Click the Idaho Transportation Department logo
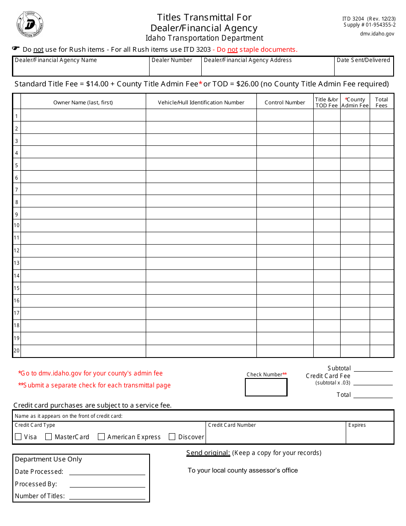pyautogui.click(x=30, y=24)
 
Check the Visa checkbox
pyautogui.click(x=18, y=437)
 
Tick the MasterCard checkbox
pyautogui.click(x=49, y=437)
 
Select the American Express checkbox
pyautogui.click(x=101, y=437)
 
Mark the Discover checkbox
pyautogui.click(x=172, y=437)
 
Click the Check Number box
pyautogui.click(x=266, y=387)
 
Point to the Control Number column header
pyautogui.click(x=285, y=102)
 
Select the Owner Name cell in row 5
pyautogui.click(x=83, y=165)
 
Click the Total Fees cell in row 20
pyautogui.click(x=382, y=351)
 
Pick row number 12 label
pyautogui.click(x=17, y=251)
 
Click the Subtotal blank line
pyautogui.click(x=373, y=368)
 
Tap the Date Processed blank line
pyautogui.click(x=107, y=471)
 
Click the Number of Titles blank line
pyautogui.click(x=107, y=496)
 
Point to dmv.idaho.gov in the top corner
pyautogui.click(x=377, y=33)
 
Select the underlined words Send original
pyautogui.click(x=208, y=453)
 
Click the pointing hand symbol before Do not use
pyautogui.click(x=16, y=49)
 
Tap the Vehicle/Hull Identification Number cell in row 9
pyautogui.click(x=201, y=214)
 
